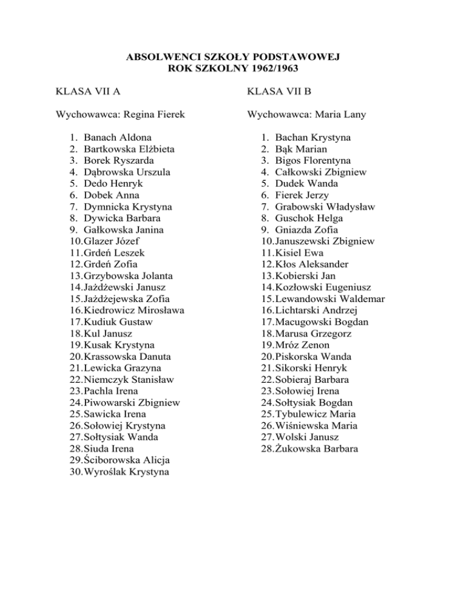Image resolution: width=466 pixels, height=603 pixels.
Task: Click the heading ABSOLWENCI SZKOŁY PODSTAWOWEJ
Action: coord(232,58)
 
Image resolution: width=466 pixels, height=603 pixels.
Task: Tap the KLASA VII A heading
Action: coord(87,92)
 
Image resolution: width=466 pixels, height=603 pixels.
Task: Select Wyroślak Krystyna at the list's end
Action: coord(127,472)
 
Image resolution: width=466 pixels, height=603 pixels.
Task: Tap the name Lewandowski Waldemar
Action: coord(329,299)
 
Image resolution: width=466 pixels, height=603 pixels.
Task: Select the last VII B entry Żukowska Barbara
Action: coord(316,449)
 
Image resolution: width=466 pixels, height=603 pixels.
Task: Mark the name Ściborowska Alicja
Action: coord(127,460)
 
